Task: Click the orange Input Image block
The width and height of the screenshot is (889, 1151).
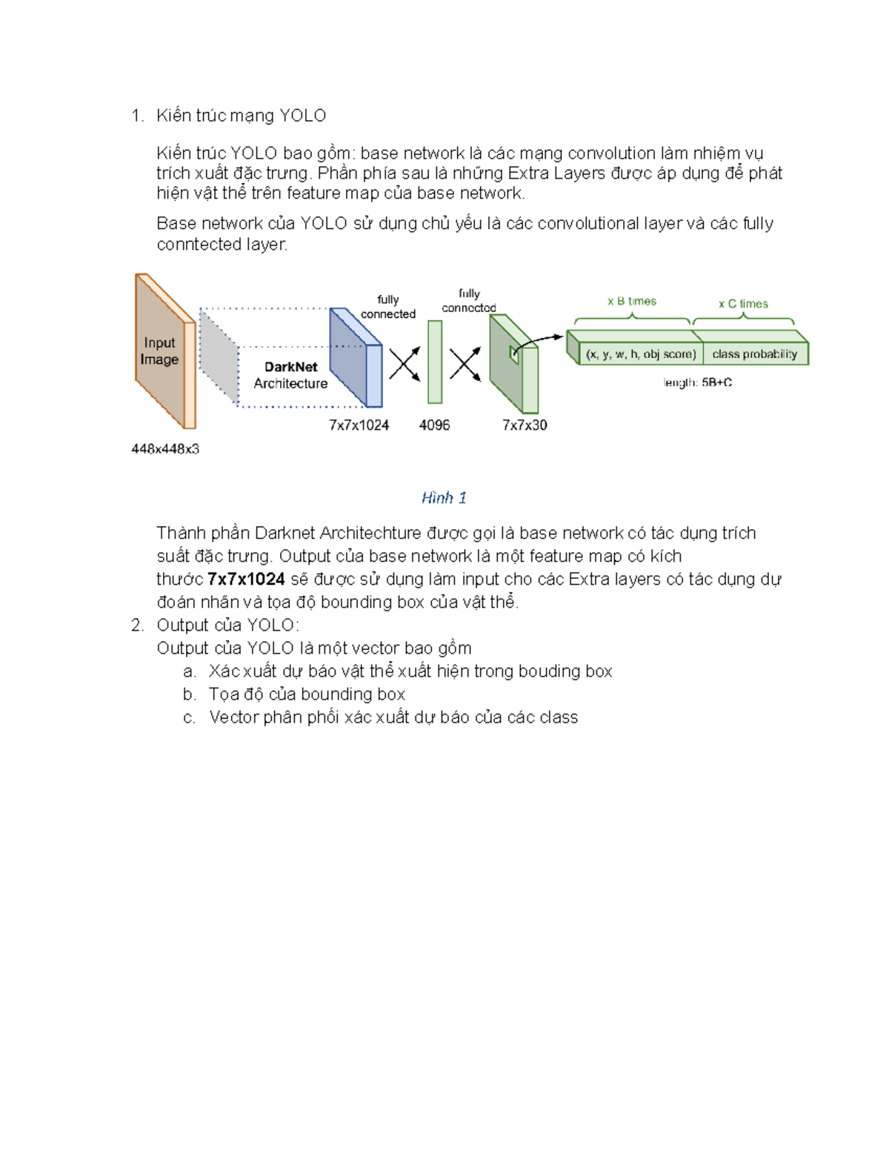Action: pos(160,351)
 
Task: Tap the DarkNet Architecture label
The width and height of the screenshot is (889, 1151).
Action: pos(290,375)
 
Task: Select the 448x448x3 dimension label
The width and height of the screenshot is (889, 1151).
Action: pos(165,448)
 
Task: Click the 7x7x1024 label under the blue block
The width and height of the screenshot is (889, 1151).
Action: pos(359,425)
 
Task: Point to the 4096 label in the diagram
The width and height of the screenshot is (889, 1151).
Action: pos(434,425)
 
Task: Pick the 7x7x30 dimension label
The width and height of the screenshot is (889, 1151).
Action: pos(525,425)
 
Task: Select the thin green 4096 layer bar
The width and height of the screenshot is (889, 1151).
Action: pos(435,362)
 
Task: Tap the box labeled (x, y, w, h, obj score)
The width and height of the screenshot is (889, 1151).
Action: pos(641,354)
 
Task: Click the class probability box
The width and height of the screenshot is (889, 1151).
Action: pos(754,354)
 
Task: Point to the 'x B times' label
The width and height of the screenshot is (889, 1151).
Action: pos(632,301)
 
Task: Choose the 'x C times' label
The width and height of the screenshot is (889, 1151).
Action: pos(743,304)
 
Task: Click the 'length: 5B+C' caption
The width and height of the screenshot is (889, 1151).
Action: pos(697,382)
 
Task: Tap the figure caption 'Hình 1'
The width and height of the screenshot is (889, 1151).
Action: pos(444,497)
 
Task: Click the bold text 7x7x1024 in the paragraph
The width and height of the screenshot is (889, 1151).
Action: pos(246,579)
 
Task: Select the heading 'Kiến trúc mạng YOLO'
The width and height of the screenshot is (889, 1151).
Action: pos(241,116)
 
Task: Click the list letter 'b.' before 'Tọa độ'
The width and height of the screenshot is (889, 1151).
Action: pos(190,694)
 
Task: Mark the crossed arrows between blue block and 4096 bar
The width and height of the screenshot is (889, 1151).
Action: pos(404,363)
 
